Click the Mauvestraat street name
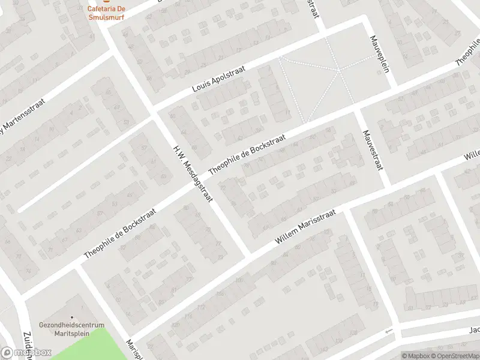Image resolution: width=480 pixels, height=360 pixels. pos(372,150)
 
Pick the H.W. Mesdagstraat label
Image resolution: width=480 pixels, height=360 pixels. pos(193,173)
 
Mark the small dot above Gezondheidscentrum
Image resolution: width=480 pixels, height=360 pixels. pos(72,317)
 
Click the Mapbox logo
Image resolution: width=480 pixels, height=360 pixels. pos(25,353)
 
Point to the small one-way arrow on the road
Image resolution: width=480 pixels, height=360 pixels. pos(388,331)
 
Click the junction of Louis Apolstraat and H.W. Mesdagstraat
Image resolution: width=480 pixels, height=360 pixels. pos(155,112)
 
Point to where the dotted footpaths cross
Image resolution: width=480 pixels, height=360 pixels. pos(339,71)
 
